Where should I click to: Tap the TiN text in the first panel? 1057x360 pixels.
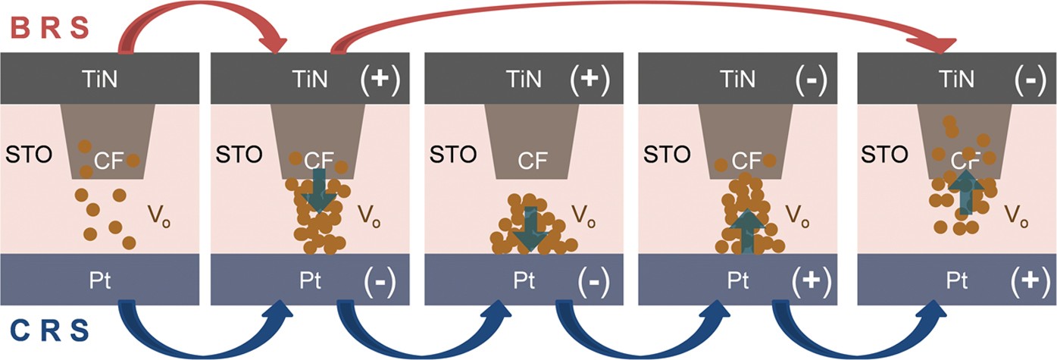click(100, 79)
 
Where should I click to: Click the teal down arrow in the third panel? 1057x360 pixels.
click(530, 230)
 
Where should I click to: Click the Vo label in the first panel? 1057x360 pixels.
click(161, 218)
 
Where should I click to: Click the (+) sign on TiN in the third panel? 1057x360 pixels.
click(593, 79)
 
